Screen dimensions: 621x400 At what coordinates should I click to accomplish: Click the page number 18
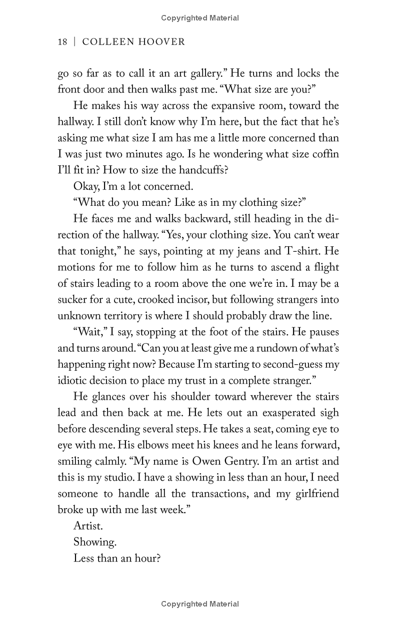[x=62, y=42]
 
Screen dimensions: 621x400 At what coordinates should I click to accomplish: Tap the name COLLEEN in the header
[x=104, y=42]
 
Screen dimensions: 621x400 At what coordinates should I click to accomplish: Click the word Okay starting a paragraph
[x=86, y=186]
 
